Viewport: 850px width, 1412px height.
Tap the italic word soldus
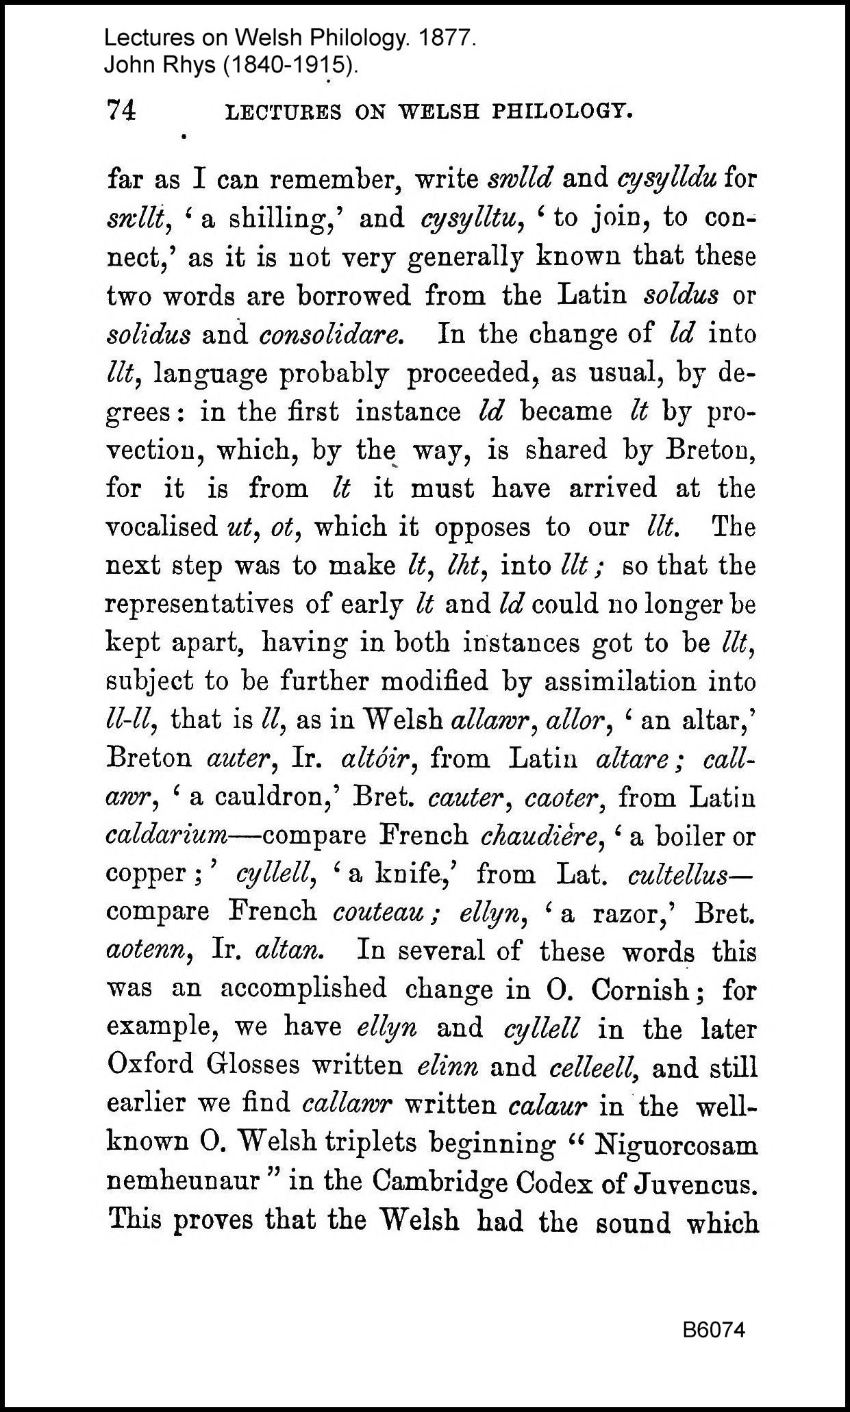click(682, 296)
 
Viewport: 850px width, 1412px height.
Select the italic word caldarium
click(166, 836)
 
